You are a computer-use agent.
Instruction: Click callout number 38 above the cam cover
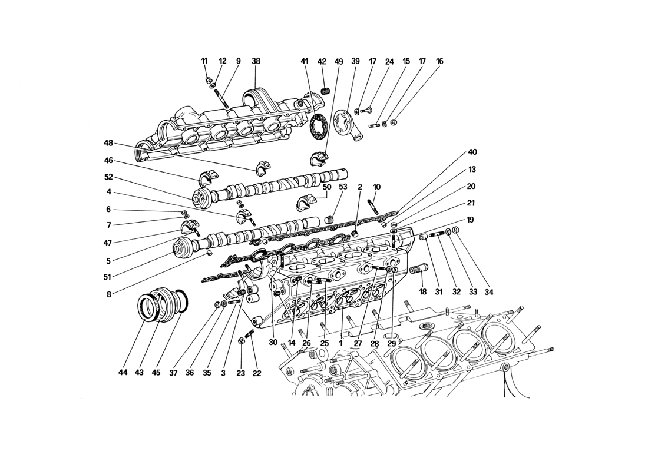[256, 61]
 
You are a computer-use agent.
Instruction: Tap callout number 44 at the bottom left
[123, 373]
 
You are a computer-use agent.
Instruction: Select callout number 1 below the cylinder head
[341, 343]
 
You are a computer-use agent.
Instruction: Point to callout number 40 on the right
[472, 152]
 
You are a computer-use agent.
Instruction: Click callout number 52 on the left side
[108, 177]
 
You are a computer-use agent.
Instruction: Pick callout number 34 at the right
[490, 292]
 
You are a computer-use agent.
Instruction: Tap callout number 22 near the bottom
[257, 373]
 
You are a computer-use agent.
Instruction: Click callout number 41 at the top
[305, 61]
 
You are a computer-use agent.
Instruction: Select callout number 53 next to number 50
[343, 187]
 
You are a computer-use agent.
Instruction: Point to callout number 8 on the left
[108, 294]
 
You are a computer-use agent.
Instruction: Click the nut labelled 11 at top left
[208, 79]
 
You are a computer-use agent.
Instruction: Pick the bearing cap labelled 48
[263, 167]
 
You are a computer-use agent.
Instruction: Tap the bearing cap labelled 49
[319, 159]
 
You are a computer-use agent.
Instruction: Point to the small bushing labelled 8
[209, 253]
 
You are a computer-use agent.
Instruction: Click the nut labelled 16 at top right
[394, 122]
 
